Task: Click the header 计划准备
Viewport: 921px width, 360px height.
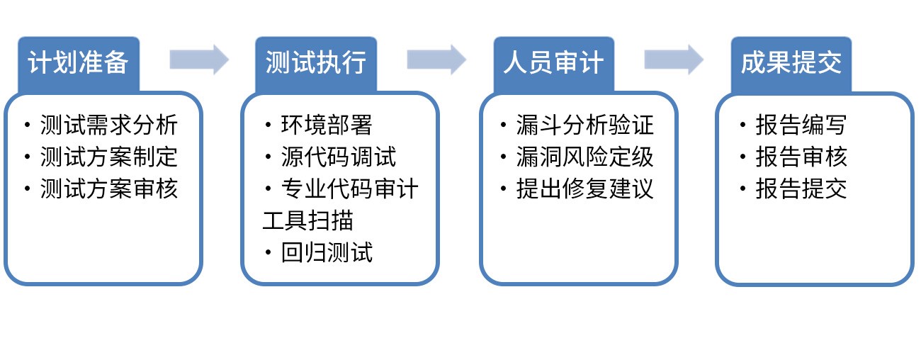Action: coord(78,63)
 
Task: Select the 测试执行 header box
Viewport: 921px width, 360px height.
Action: coord(316,63)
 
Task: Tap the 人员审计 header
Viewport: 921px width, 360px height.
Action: coord(553,63)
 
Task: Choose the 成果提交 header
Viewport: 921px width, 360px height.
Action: coord(791,63)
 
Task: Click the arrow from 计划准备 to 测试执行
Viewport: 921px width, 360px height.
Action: coord(199,60)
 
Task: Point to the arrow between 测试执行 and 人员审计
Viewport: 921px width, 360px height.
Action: coord(436,60)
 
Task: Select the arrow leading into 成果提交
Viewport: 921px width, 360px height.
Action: coord(674,60)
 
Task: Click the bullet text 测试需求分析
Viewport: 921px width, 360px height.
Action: coord(108,125)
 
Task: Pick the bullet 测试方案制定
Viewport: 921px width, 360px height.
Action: coord(108,157)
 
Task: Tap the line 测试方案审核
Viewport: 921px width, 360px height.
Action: coord(108,189)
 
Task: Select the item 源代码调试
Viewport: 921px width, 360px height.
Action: coord(338,157)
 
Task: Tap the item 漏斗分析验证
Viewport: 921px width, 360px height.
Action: coord(585,125)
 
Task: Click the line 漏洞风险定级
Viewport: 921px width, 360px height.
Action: coord(585,157)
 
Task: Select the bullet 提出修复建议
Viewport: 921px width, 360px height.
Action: coord(585,189)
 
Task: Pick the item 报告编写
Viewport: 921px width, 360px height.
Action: coord(801,125)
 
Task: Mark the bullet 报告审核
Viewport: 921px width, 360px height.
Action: coord(801,157)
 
